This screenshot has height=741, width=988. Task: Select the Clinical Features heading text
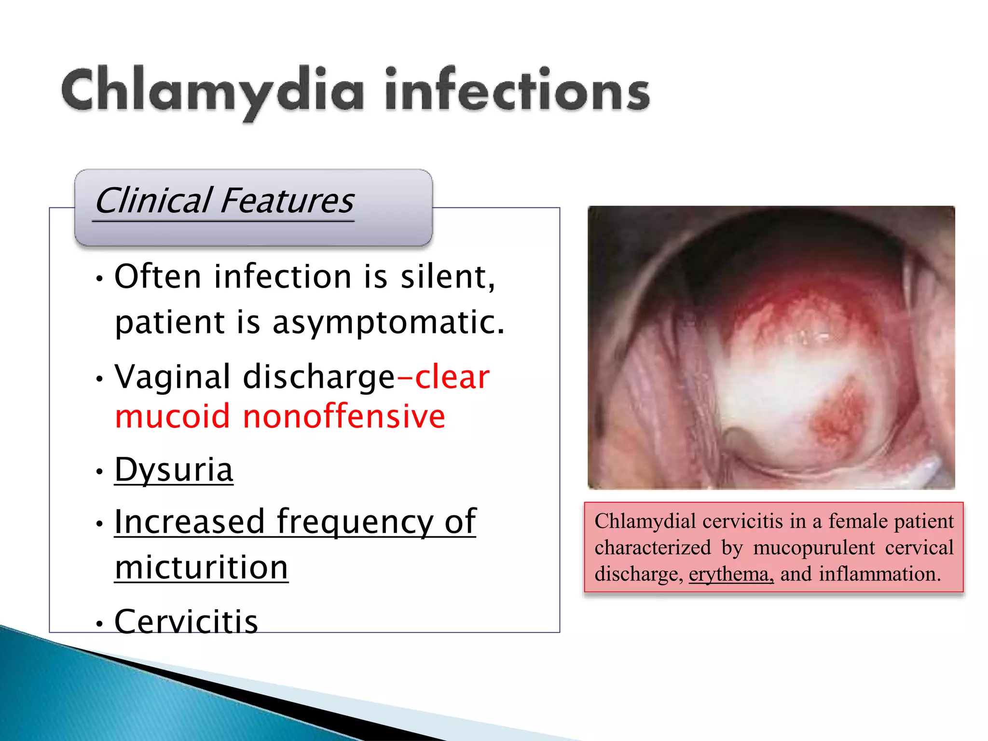click(x=225, y=201)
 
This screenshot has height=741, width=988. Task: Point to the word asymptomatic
click(x=388, y=322)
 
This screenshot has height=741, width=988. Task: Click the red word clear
click(x=452, y=377)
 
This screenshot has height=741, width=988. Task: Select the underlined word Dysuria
click(x=174, y=469)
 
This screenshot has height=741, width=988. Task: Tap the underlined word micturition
click(x=201, y=567)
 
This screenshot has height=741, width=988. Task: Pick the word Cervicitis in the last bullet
click(x=186, y=621)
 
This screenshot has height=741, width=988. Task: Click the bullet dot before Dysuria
click(x=99, y=471)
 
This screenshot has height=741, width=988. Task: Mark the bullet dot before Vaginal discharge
click(x=99, y=379)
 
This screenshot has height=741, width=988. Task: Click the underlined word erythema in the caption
click(x=730, y=574)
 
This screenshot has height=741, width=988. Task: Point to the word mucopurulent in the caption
click(x=813, y=548)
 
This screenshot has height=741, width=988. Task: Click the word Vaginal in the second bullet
click(x=172, y=377)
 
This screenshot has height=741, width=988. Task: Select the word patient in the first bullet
click(x=170, y=322)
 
